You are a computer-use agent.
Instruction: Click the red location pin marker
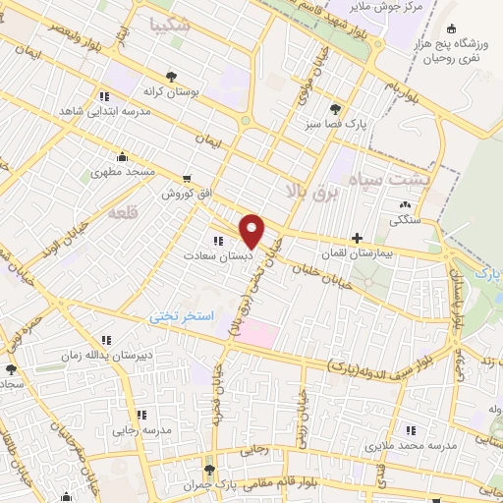[253, 230]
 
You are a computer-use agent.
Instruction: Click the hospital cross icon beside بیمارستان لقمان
[357, 237]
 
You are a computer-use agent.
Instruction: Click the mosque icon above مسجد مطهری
[122, 156]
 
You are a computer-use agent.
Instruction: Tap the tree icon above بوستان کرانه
[173, 74]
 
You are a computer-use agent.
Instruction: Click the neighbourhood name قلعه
[123, 211]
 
